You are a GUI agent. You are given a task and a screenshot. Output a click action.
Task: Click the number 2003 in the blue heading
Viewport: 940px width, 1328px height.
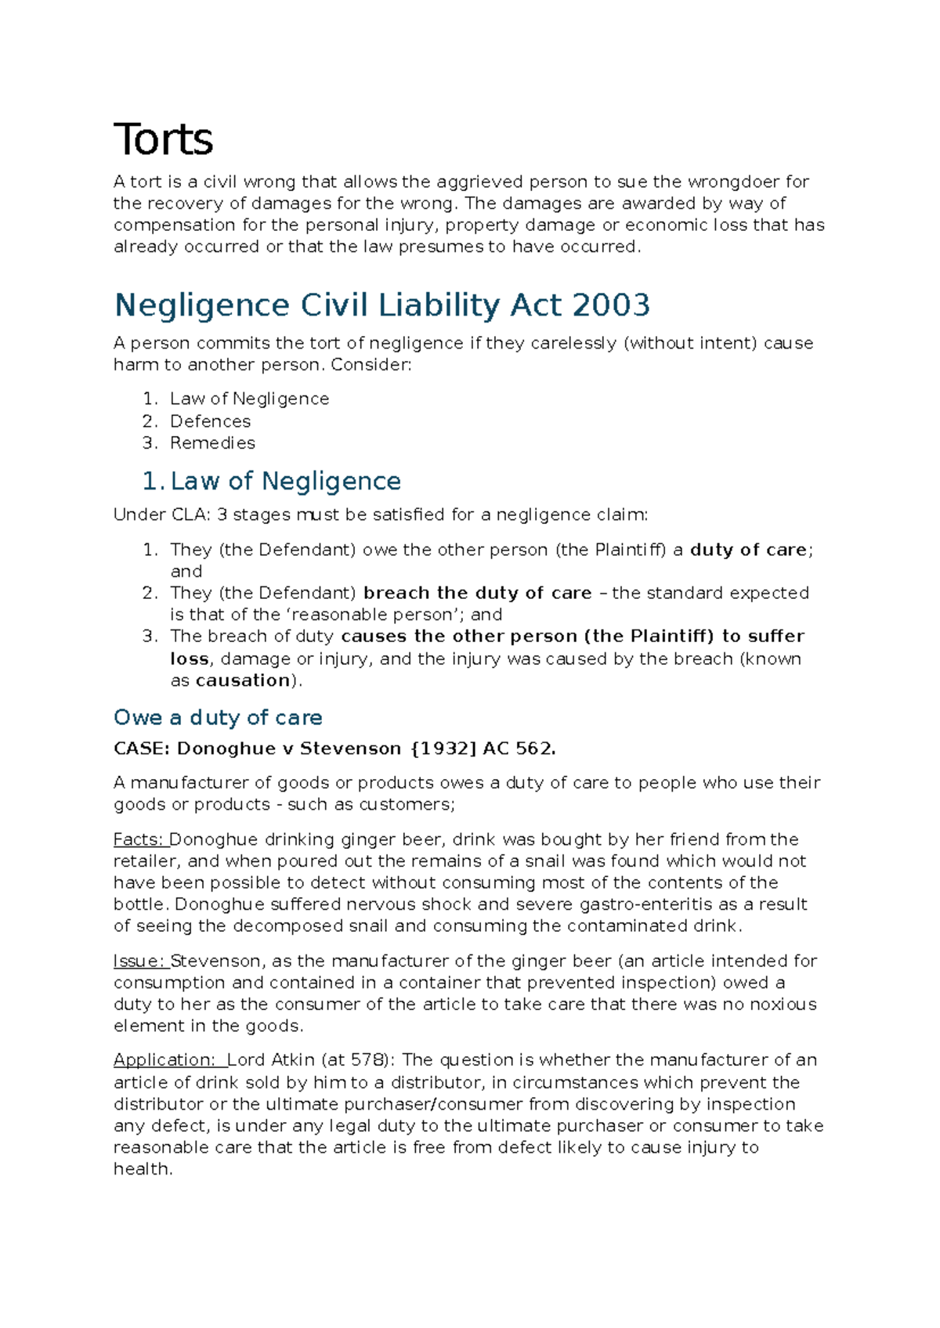click(611, 305)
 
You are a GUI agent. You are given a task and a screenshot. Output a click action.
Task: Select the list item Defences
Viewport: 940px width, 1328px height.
click(210, 421)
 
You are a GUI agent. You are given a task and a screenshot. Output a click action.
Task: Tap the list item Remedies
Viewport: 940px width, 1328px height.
click(212, 443)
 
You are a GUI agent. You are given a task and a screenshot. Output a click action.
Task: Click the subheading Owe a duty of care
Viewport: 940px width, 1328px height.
click(218, 717)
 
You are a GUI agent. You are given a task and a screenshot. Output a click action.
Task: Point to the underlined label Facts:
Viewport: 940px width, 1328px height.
click(139, 839)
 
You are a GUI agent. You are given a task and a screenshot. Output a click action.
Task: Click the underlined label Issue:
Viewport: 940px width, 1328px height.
click(139, 961)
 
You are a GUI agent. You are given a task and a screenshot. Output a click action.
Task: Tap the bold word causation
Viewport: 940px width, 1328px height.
click(243, 680)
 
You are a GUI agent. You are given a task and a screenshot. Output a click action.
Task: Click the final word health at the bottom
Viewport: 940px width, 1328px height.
click(142, 1169)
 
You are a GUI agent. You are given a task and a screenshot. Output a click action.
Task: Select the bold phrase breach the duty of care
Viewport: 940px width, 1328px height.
click(477, 593)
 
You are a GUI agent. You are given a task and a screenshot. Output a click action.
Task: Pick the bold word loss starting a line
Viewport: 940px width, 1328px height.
click(190, 659)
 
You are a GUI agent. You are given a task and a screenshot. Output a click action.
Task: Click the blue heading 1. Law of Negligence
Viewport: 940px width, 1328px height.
click(271, 481)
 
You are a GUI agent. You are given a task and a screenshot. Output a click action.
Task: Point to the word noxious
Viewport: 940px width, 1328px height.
click(783, 1004)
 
